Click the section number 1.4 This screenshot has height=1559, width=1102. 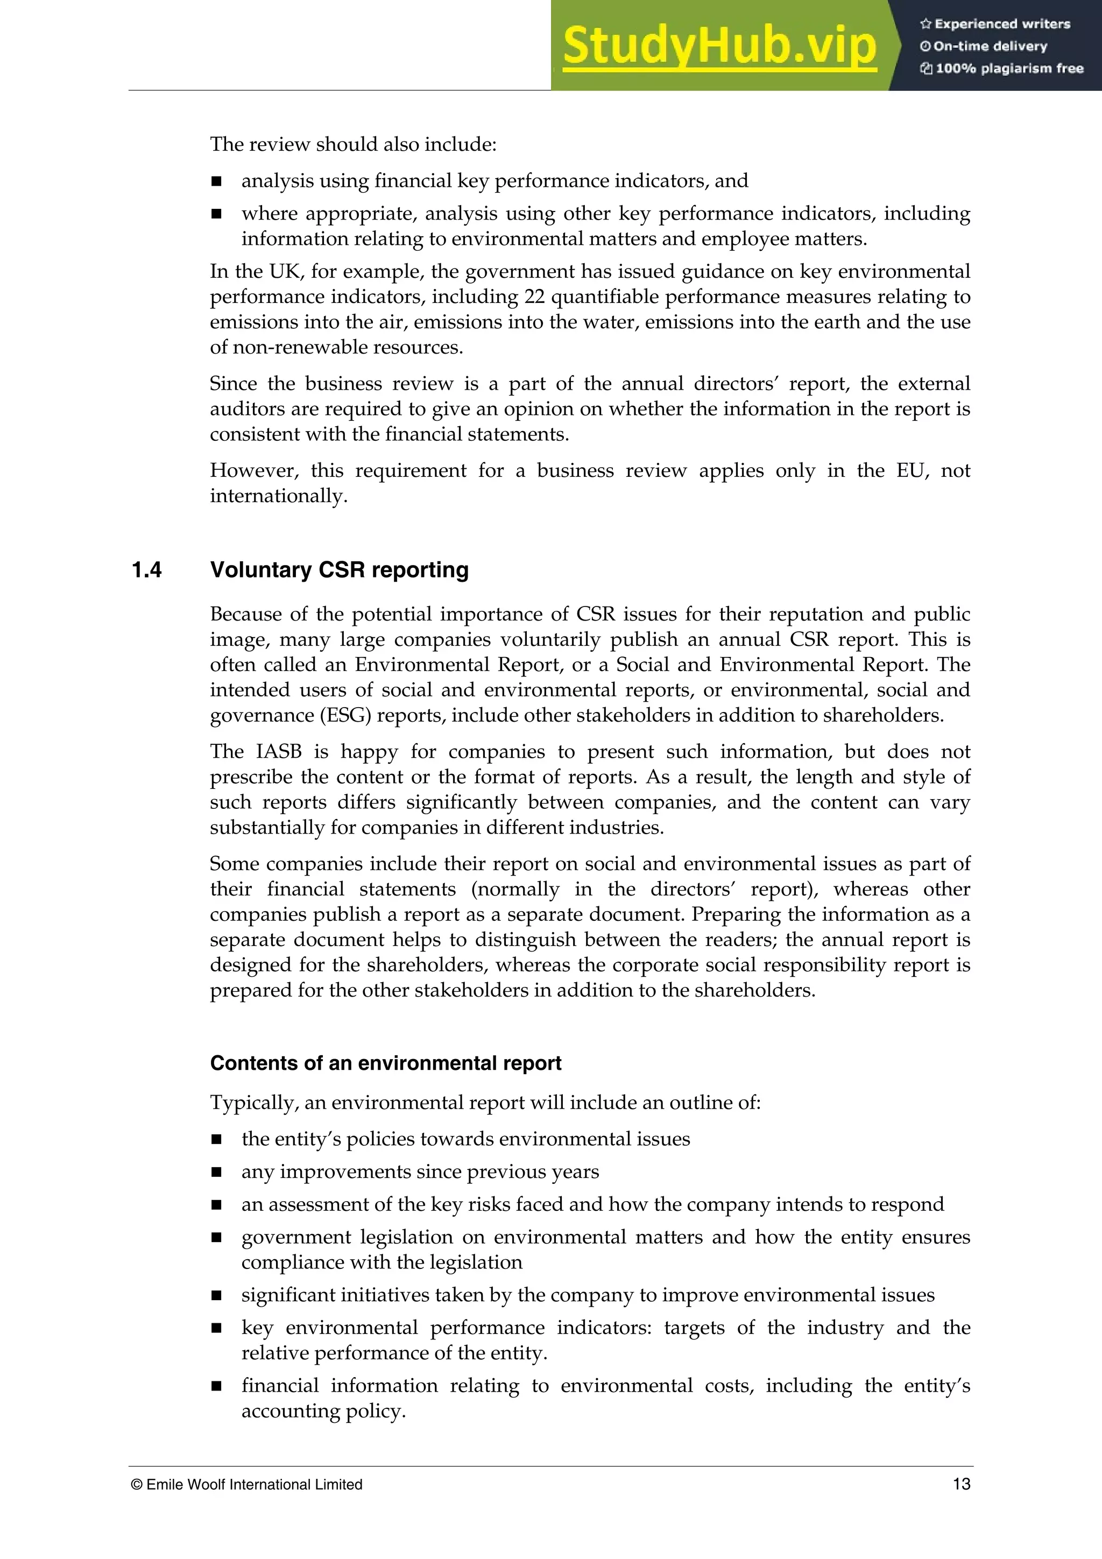point(147,570)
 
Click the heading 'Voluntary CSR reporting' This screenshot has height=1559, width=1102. point(339,570)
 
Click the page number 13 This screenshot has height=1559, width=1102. point(961,1484)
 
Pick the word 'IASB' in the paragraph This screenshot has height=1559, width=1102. point(278,751)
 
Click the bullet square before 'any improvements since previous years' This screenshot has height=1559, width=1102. point(217,1172)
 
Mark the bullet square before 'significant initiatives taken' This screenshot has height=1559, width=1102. point(217,1295)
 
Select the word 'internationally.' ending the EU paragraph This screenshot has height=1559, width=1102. point(278,496)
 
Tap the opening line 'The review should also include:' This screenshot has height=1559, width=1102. point(353,144)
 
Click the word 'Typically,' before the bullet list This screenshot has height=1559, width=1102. point(254,1102)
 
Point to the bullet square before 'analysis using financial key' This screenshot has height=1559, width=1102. point(217,181)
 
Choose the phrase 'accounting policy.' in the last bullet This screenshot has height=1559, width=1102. point(323,1411)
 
